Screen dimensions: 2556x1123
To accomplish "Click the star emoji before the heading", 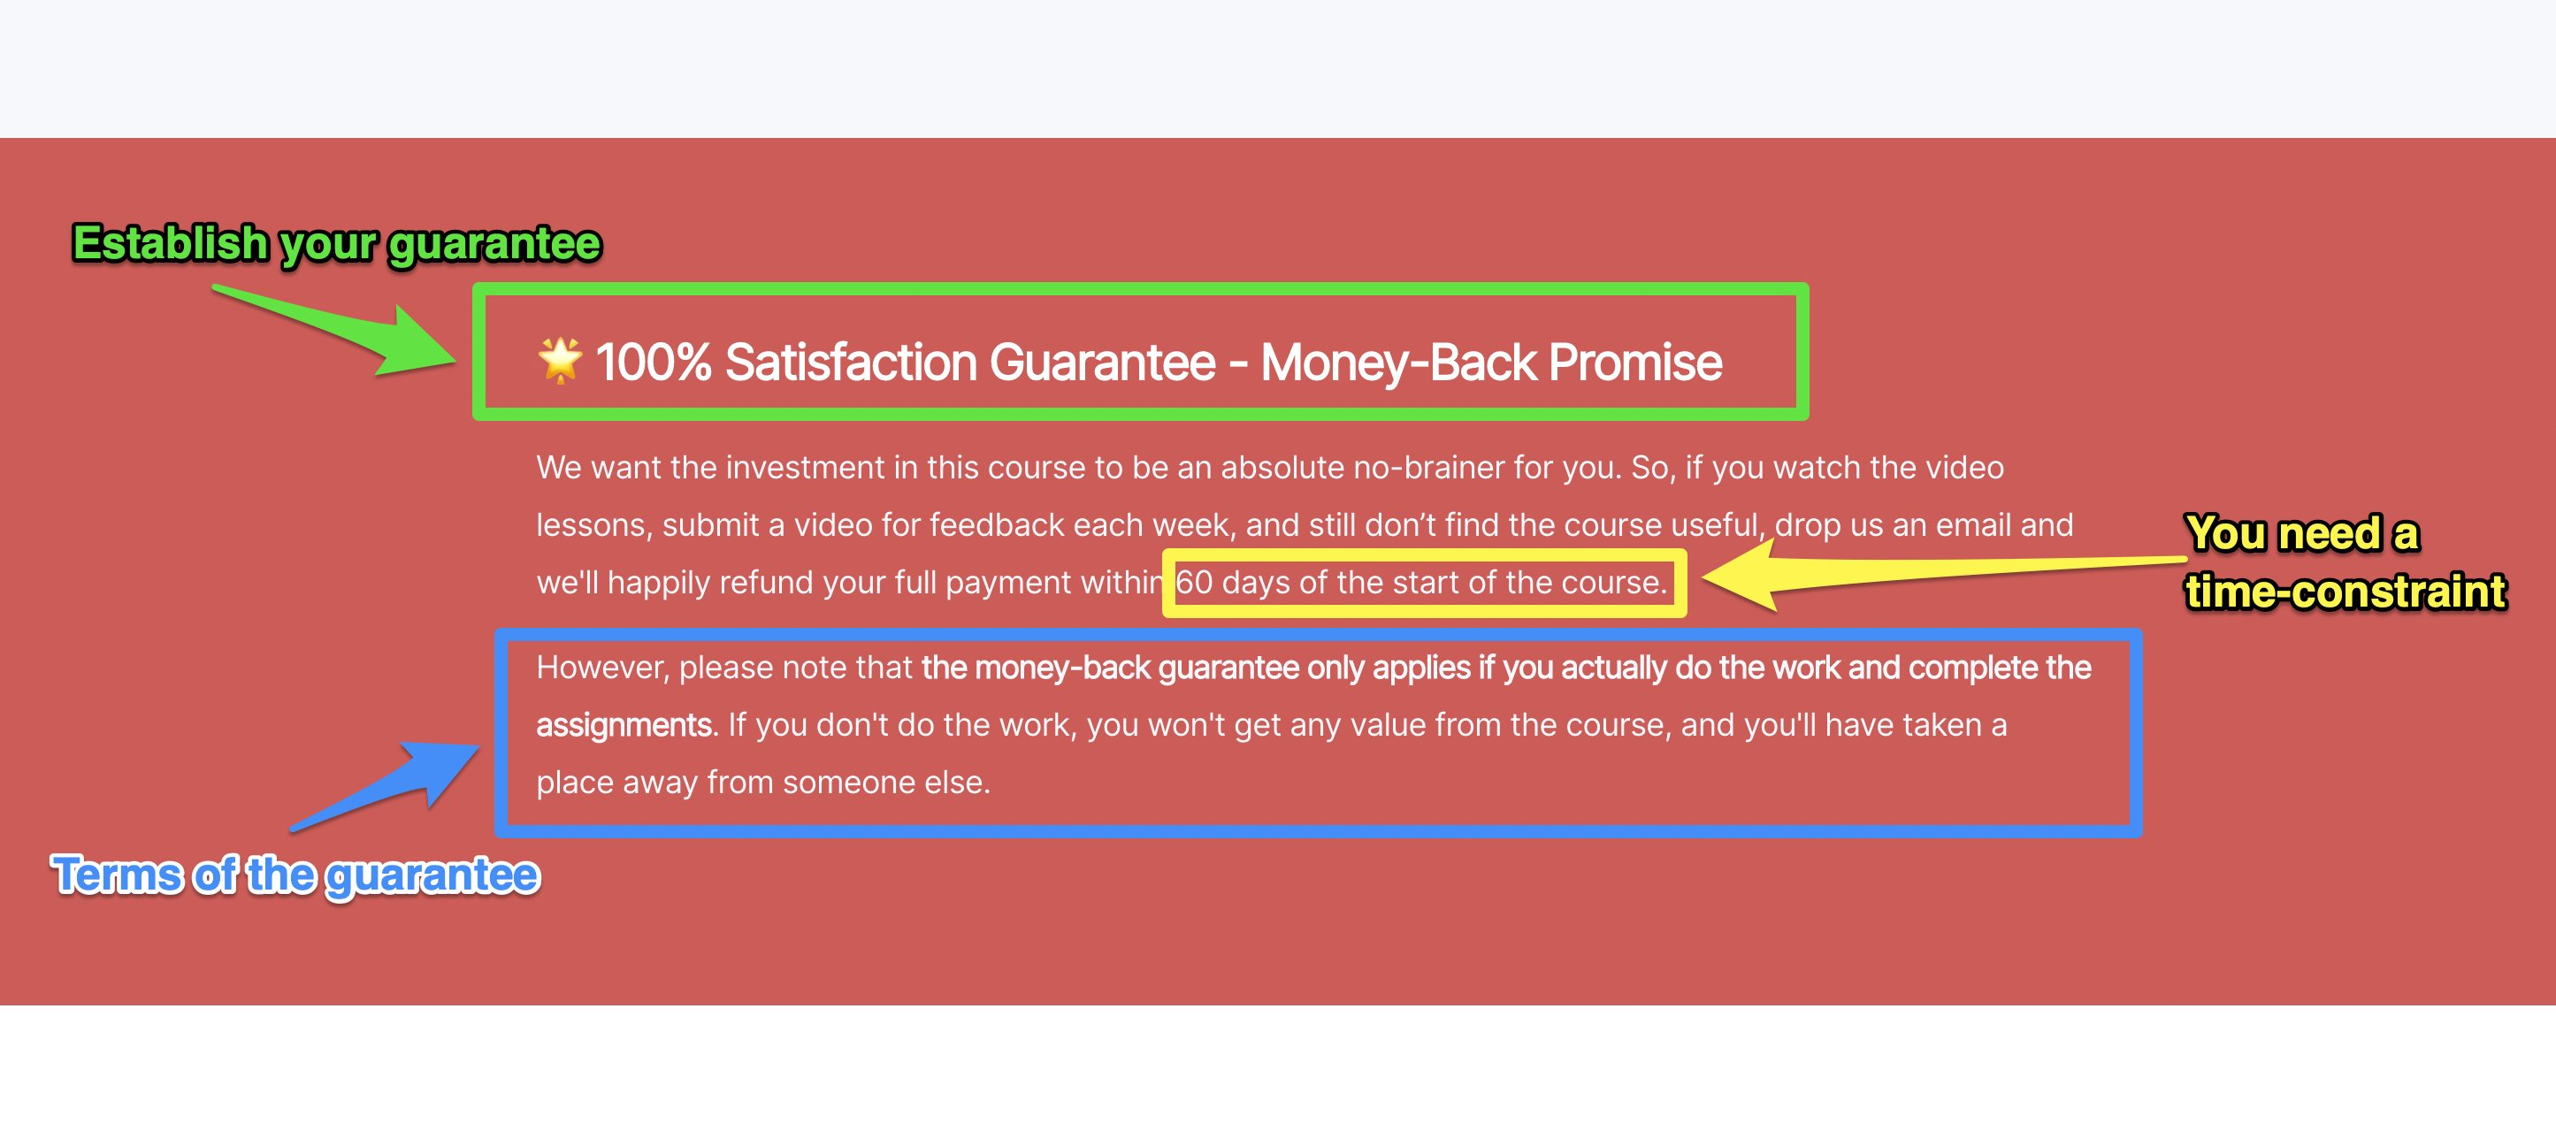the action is (560, 360).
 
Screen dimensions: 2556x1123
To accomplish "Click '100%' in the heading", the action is (653, 362).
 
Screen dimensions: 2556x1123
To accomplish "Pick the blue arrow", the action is (385, 787).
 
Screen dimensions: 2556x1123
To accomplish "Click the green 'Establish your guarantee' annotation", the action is (336, 244).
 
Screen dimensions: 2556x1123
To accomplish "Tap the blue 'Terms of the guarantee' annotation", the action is (295, 876).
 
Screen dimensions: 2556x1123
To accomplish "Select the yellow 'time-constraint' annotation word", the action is (2346, 592).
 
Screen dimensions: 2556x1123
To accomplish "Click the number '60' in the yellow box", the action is (1195, 583).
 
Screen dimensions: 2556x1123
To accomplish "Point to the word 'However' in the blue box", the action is (601, 668).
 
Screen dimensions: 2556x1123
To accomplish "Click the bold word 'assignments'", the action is (624, 725).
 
